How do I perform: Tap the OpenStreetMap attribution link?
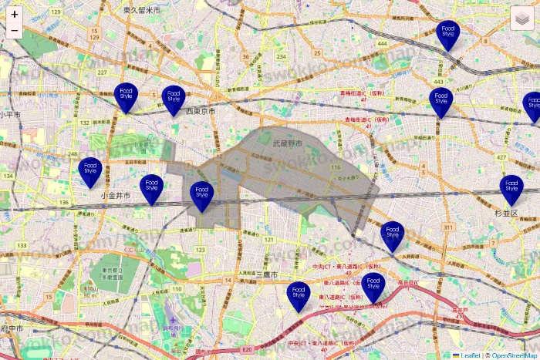(515, 355)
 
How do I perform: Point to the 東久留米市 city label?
(142, 10)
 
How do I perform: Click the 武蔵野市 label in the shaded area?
(287, 143)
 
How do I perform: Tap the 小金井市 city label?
(115, 197)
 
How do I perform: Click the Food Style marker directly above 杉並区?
(511, 187)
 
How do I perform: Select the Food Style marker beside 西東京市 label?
(174, 98)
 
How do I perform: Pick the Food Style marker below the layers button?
(447, 32)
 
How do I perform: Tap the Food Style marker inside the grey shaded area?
(201, 193)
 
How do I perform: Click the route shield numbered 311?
(447, 227)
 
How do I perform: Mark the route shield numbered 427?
(502, 157)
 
